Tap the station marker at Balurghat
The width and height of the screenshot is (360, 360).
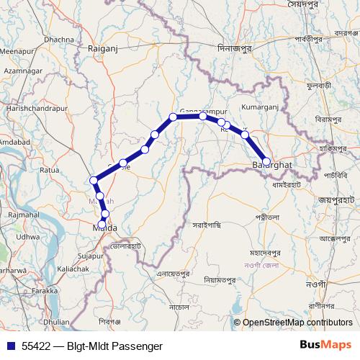click(266, 162)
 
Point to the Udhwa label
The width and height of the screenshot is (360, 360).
click(28, 236)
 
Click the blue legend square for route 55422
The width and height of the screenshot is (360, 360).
click(10, 346)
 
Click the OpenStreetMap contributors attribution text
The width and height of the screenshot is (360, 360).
click(297, 323)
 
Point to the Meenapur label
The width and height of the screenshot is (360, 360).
click(19, 52)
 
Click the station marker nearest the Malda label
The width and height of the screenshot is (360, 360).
click(105, 214)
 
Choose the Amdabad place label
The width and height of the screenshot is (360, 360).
click(13, 142)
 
